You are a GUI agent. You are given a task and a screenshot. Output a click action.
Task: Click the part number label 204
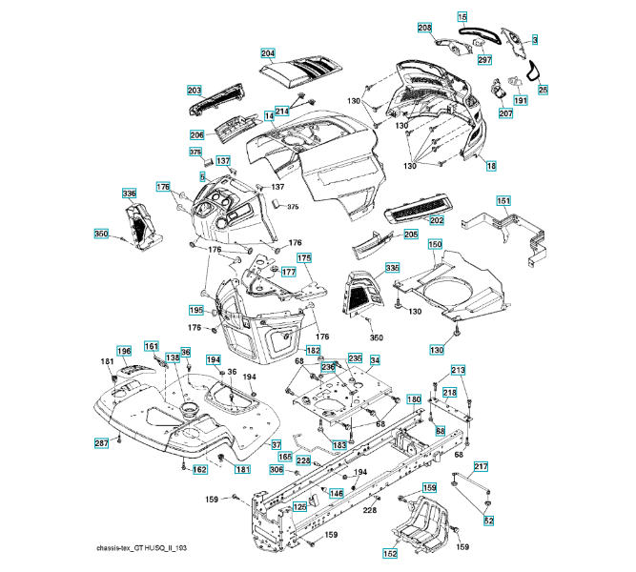267,53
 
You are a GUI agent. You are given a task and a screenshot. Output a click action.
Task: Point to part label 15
462,18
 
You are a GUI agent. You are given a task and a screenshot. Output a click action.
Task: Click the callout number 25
543,90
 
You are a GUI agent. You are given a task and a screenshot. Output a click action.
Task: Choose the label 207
504,113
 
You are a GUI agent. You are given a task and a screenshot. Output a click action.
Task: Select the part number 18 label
491,166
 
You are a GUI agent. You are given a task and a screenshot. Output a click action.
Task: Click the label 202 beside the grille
437,220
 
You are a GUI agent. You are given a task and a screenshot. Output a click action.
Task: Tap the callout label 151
503,201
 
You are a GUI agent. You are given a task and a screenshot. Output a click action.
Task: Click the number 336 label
130,194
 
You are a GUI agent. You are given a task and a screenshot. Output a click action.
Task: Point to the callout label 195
195,310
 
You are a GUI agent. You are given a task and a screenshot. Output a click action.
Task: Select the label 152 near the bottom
390,554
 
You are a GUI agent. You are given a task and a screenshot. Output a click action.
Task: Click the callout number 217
481,466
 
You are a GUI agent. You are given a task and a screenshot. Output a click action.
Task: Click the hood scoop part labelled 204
297,68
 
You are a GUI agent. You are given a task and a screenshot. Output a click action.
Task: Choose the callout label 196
124,352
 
